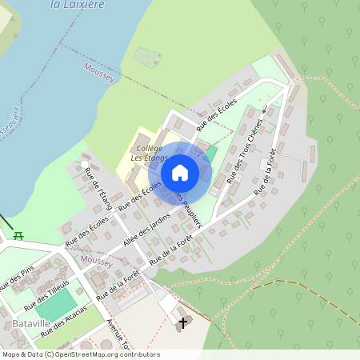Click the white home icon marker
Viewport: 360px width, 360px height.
click(x=180, y=172)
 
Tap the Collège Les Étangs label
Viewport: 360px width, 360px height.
click(x=149, y=152)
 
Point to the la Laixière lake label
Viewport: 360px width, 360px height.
click(x=78, y=4)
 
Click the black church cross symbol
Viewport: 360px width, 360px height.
click(x=184, y=322)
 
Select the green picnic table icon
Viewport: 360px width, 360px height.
click(x=18, y=235)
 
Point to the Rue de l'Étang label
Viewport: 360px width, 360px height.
click(x=102, y=190)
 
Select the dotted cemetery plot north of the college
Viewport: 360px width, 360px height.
click(x=147, y=56)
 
